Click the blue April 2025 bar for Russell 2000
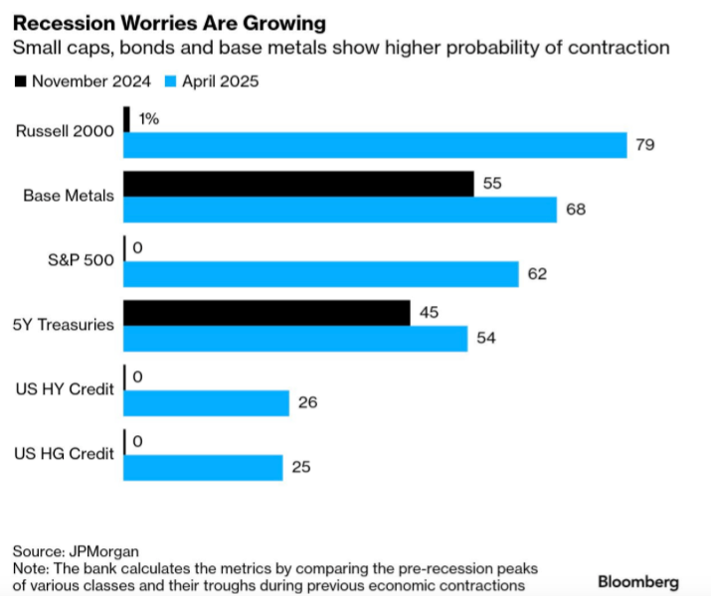[x=375, y=145]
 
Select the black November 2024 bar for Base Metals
[x=297, y=184]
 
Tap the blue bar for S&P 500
[x=320, y=274]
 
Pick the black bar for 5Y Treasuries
[x=266, y=313]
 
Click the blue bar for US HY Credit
[x=206, y=403]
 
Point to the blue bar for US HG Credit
[x=203, y=468]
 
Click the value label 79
[x=644, y=146]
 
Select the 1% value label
[x=148, y=119]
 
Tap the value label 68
[x=575, y=210]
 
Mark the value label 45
[x=428, y=313]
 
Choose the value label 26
[x=307, y=403]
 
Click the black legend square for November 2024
[x=21, y=81]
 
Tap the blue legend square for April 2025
[x=170, y=81]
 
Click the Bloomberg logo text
[x=638, y=581]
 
